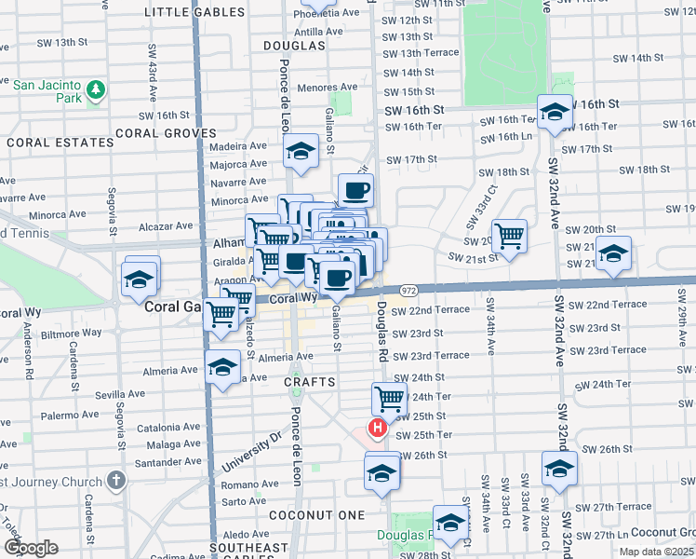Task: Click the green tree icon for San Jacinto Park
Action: (x=95, y=90)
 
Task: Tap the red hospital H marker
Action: (x=378, y=429)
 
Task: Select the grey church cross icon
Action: (x=114, y=480)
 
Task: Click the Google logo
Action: (x=31, y=548)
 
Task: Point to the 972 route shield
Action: (x=408, y=292)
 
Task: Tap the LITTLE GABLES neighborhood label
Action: (x=195, y=12)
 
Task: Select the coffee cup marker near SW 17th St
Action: (x=355, y=190)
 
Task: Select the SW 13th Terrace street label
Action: (x=422, y=52)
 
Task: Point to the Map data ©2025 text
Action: (x=655, y=551)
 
